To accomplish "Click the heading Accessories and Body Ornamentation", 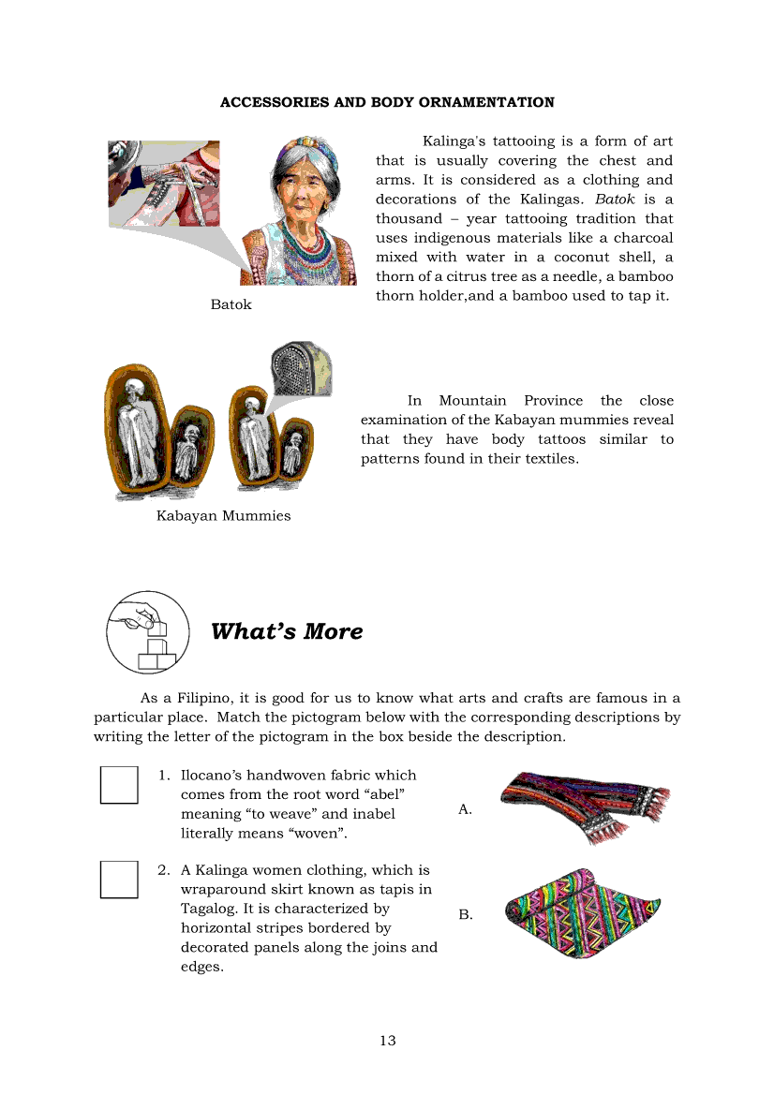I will (387, 102).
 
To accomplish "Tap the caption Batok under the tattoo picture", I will (231, 304).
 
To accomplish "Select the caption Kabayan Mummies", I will (223, 516).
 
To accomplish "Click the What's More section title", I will (287, 631).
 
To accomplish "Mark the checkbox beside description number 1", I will (119, 785).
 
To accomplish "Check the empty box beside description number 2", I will (119, 880).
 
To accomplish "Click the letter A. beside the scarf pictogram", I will (465, 809).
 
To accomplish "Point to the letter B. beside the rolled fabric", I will (466, 915).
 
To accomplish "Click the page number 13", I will (388, 1041).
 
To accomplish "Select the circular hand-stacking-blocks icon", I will (148, 631).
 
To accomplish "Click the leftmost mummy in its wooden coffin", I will (137, 431).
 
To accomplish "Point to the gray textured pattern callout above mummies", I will (299, 368).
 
